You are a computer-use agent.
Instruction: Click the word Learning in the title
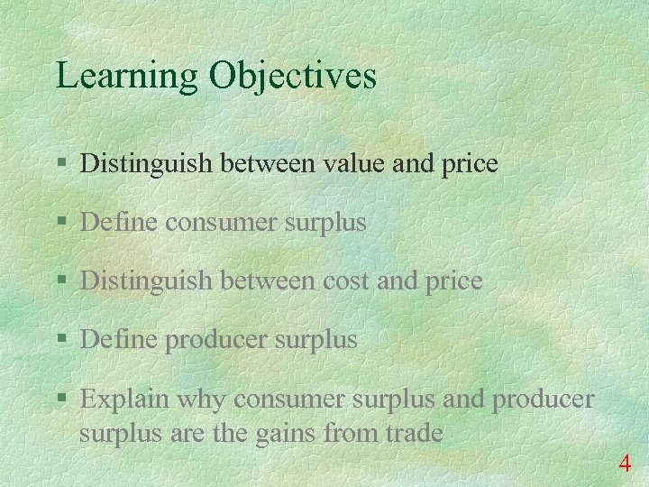(x=127, y=76)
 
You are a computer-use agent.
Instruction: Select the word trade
(x=411, y=434)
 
